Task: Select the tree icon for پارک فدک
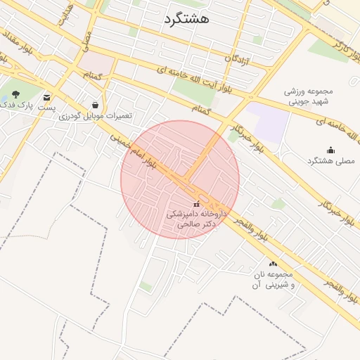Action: tap(16, 94)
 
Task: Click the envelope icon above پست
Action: tap(47, 98)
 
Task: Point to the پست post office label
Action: tap(47, 110)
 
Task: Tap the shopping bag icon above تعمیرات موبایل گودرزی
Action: tap(95, 105)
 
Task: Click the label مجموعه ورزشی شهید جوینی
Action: tap(308, 96)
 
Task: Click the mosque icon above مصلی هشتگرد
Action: tap(330, 150)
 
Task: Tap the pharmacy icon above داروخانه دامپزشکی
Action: tap(195, 204)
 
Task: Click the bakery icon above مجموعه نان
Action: tap(273, 264)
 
